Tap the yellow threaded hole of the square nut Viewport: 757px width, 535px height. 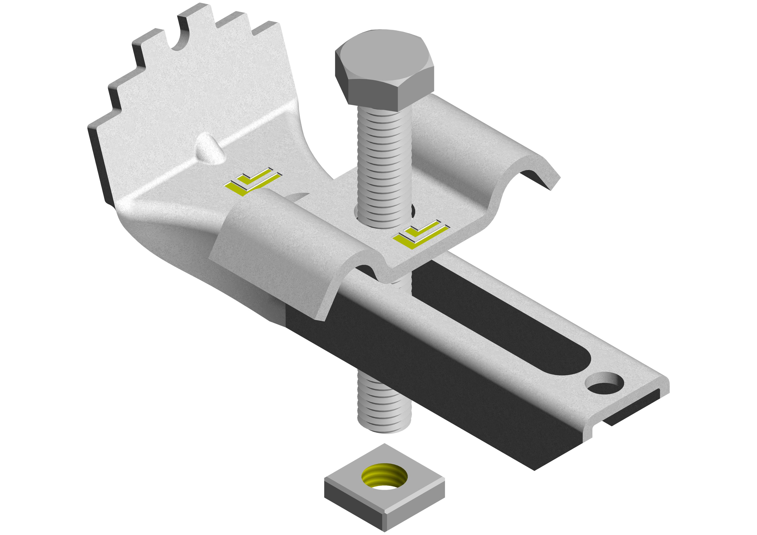pos(384,476)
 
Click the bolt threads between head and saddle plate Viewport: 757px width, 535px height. pos(384,158)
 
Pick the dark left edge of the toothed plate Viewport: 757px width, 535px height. pos(99,165)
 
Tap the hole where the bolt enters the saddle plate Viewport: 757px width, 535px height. pos(412,211)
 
